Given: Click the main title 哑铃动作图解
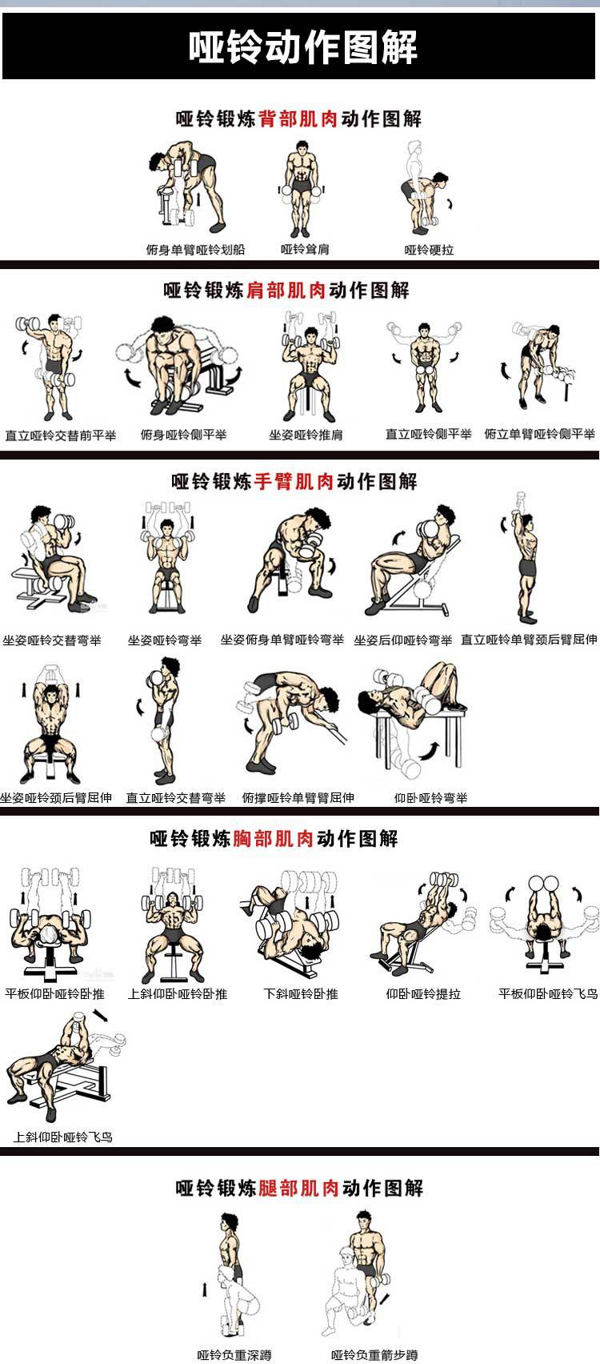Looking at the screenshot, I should [302, 47].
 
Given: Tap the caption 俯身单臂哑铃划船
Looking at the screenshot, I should [195, 250].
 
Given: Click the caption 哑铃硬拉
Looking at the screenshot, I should [429, 250].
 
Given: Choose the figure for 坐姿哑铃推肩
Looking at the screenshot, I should [306, 367].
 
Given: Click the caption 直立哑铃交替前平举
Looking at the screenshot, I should [61, 435].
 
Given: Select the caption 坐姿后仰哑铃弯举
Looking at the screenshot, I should [403, 640].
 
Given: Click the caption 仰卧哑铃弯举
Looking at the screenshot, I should [430, 797].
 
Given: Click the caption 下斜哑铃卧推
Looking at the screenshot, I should [301, 993].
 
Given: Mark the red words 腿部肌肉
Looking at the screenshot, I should [299, 1187].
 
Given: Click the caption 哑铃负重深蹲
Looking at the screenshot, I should [234, 1355].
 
